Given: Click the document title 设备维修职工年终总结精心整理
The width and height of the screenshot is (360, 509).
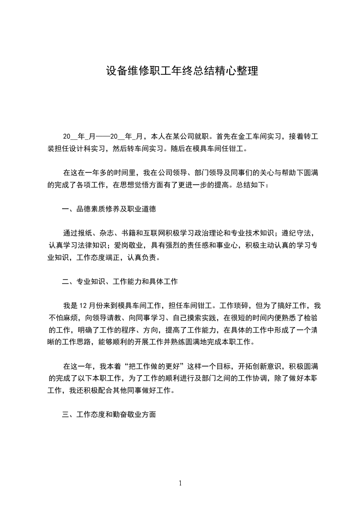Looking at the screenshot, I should click(x=182, y=71).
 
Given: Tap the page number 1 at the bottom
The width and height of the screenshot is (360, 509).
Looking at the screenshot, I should click(x=180, y=483).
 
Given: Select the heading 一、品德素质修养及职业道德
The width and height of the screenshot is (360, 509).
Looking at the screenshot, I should click(x=109, y=209).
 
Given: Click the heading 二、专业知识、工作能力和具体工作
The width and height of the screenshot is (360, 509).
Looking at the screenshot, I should click(x=120, y=282).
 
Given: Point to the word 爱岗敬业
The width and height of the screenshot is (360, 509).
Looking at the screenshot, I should click(x=130, y=245).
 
